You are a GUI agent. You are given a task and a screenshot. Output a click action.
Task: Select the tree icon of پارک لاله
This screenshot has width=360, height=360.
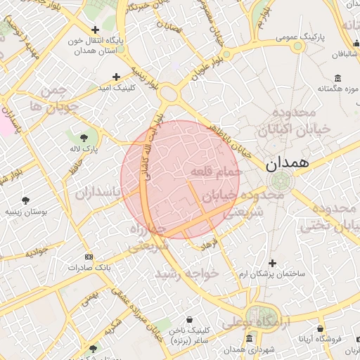tap(84, 137)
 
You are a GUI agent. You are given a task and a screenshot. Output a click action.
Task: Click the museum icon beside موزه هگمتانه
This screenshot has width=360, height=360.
tap(338, 77)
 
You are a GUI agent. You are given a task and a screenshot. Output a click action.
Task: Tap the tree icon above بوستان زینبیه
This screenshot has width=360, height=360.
tap(26, 200)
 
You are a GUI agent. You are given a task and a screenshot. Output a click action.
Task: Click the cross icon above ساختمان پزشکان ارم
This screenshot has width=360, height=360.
tap(273, 262)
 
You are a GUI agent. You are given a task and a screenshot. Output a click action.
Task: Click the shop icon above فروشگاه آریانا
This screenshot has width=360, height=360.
tap(321, 328)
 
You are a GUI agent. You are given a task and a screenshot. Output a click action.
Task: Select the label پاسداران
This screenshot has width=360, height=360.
tap(99, 192)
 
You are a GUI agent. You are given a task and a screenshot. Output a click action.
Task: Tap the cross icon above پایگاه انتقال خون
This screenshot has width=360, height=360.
tap(96, 30)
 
